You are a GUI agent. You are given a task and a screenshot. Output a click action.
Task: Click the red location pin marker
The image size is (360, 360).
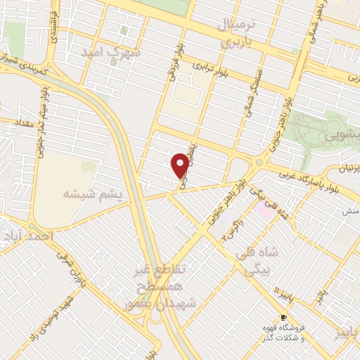[x=180, y=166]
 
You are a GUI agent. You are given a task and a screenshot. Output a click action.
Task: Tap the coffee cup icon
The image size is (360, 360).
[x=283, y=317]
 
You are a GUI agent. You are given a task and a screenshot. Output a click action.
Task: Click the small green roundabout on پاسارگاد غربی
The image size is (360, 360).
[x=259, y=163]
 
